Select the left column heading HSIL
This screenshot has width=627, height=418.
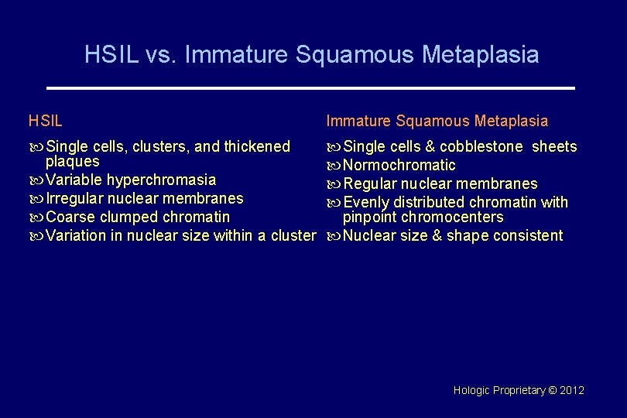coord(46,121)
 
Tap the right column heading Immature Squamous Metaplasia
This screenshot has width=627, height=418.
coord(437,121)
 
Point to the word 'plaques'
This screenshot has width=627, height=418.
coord(73,161)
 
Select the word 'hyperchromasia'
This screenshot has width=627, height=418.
coord(161,180)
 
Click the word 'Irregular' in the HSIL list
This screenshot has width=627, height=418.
coord(75,198)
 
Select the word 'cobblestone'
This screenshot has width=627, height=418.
coord(481,146)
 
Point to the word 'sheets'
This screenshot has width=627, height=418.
coord(554,146)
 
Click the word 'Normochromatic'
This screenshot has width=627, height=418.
coord(399,165)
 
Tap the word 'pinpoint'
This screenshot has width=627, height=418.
coord(369,217)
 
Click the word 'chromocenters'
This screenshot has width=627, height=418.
coord(452,217)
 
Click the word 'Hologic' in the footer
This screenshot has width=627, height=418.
coord(471,391)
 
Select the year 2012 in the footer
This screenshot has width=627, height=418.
coord(572,391)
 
